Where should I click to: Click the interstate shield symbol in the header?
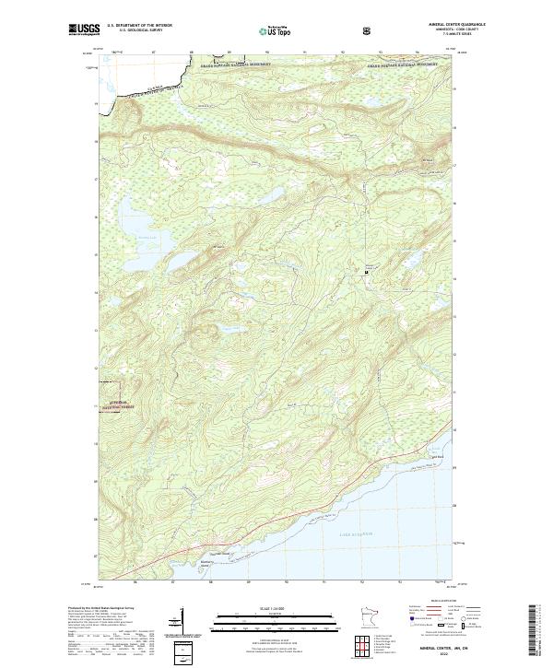point(317,30)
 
